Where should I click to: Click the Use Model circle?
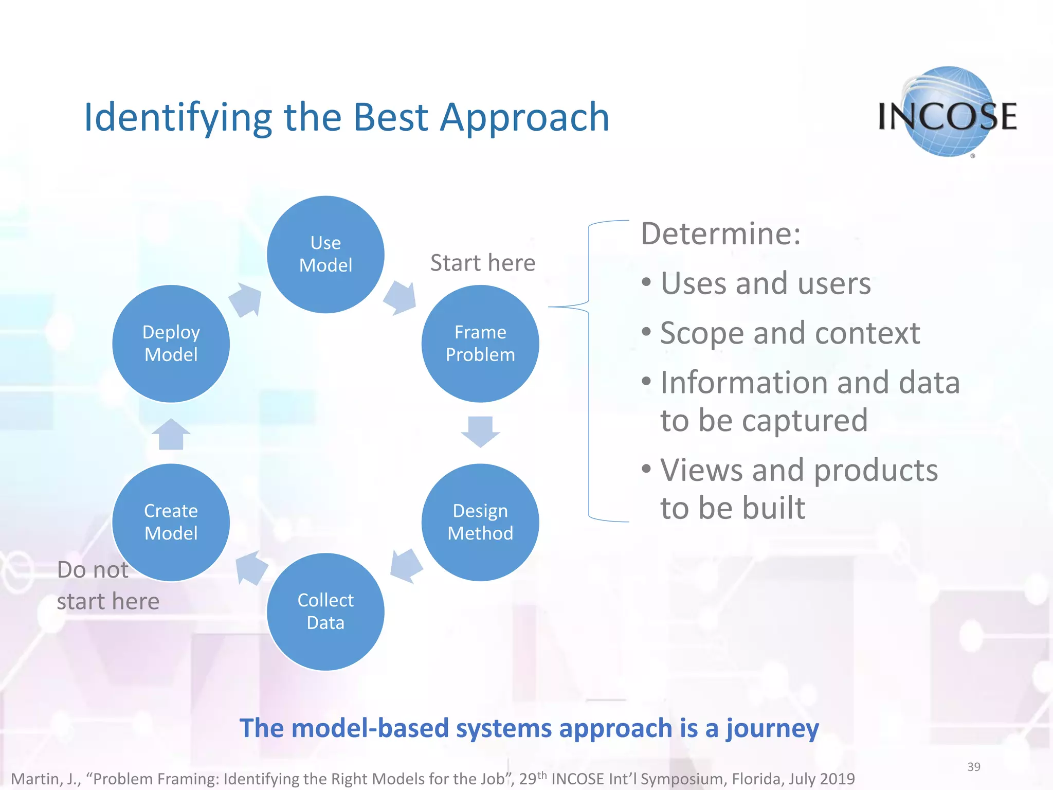[325, 254]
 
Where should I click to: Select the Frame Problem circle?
[480, 344]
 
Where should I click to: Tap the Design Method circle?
[480, 522]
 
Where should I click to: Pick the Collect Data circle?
[325, 612]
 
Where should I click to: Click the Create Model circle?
[171, 522]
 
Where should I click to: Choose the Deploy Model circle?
[171, 344]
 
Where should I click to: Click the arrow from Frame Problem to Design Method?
[480, 431]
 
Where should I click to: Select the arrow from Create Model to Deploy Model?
[171, 434]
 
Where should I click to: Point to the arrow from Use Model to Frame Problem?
[401, 298]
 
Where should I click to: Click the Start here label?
[482, 263]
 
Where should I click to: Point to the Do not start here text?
[107, 586]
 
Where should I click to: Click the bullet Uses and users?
[765, 283]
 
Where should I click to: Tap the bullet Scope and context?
[789, 333]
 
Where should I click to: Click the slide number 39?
[973, 767]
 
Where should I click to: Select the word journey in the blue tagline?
[772, 729]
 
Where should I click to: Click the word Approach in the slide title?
[524, 117]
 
